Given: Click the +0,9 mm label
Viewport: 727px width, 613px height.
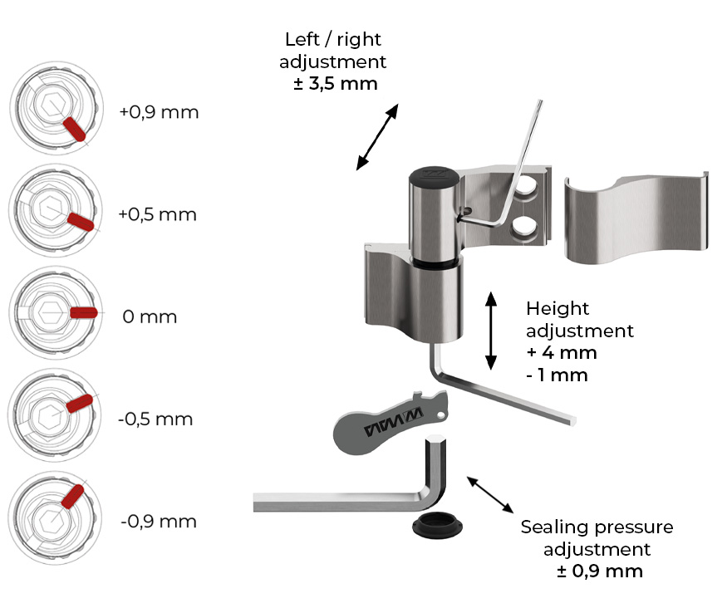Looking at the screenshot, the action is (x=159, y=112).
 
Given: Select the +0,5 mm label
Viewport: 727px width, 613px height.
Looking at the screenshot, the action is (x=158, y=214).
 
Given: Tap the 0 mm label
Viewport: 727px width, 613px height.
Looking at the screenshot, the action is (x=150, y=317).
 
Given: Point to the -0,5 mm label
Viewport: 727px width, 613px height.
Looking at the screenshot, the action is (x=155, y=419).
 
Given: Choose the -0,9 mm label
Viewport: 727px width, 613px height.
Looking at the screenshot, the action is (x=159, y=522).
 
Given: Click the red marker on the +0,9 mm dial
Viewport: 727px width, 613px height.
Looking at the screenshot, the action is (x=74, y=129).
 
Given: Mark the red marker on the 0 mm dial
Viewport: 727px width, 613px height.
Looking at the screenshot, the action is (x=83, y=313).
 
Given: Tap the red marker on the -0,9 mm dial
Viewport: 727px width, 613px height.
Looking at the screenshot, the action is (x=73, y=497).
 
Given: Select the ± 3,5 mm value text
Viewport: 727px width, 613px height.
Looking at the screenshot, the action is (x=336, y=84).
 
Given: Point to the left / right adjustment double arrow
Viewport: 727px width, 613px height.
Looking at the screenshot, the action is (x=377, y=137).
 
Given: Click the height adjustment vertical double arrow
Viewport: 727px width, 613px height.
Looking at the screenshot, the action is (x=491, y=331).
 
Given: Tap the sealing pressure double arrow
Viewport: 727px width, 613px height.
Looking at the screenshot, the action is (x=490, y=494).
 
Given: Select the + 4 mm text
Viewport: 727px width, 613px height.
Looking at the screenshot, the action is (x=562, y=353).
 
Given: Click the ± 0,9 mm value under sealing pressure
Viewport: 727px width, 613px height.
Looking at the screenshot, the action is (x=600, y=571).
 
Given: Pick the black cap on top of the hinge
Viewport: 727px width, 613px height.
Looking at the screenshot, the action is (x=434, y=177).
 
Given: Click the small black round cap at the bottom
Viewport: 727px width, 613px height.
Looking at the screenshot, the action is (x=437, y=525).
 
